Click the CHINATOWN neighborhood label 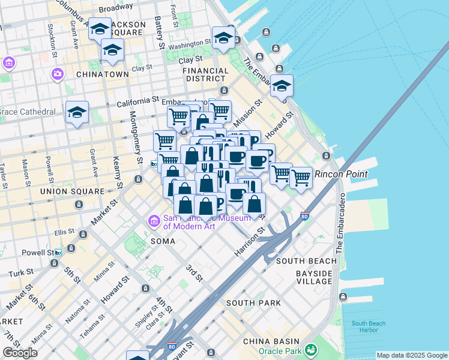(102, 74)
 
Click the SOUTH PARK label (253, 303)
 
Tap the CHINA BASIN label (267, 341)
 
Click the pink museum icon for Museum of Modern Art (154, 222)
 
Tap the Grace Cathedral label (27, 112)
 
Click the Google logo (20, 353)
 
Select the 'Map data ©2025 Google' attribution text (412, 355)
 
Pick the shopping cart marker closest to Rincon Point (301, 177)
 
